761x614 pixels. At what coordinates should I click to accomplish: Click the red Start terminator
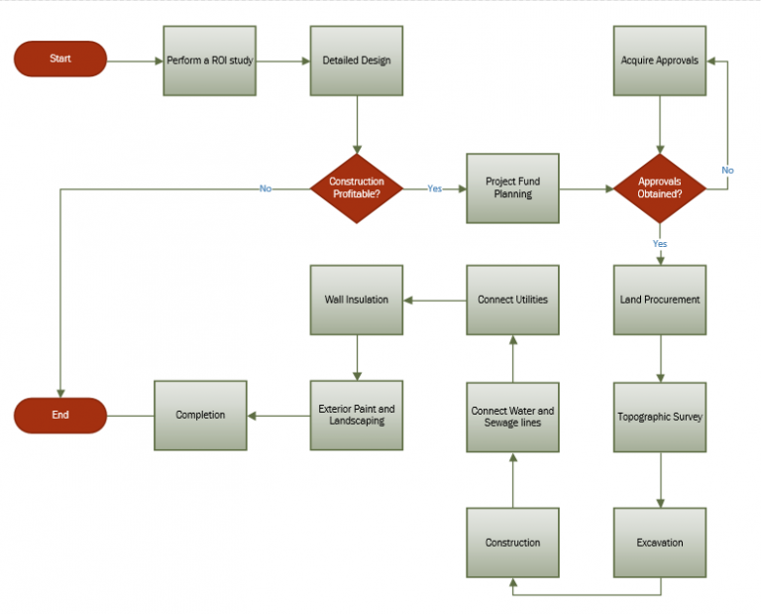pyautogui.click(x=59, y=60)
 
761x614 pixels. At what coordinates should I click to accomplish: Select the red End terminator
pyautogui.click(x=59, y=415)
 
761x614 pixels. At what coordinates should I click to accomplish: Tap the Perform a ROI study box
pyautogui.click(x=209, y=61)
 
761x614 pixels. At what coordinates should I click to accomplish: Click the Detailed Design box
pyautogui.click(x=357, y=61)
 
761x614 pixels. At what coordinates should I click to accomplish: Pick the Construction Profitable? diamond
pyautogui.click(x=357, y=188)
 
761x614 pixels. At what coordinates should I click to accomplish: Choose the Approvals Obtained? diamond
pyautogui.click(x=660, y=188)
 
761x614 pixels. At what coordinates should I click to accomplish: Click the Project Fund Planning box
pyautogui.click(x=513, y=188)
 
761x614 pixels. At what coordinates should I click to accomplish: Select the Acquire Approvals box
pyautogui.click(x=660, y=61)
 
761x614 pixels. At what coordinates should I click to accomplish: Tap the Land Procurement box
pyautogui.click(x=660, y=300)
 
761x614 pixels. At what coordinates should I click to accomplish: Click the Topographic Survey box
pyautogui.click(x=660, y=417)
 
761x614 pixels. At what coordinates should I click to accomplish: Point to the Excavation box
pyautogui.click(x=660, y=543)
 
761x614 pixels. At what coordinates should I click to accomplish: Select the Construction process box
pyautogui.click(x=513, y=543)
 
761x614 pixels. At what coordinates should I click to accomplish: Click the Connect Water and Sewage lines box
pyautogui.click(x=513, y=417)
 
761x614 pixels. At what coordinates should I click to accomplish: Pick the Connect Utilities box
pyautogui.click(x=513, y=300)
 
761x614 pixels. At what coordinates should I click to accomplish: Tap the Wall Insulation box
pyautogui.click(x=357, y=300)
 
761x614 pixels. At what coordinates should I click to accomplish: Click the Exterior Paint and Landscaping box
pyautogui.click(x=357, y=415)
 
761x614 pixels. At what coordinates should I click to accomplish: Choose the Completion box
pyautogui.click(x=200, y=415)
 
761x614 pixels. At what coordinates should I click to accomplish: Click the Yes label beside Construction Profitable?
pyautogui.click(x=435, y=188)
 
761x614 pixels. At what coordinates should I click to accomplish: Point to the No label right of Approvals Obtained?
pyautogui.click(x=727, y=171)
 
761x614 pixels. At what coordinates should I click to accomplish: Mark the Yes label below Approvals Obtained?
pyautogui.click(x=660, y=243)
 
